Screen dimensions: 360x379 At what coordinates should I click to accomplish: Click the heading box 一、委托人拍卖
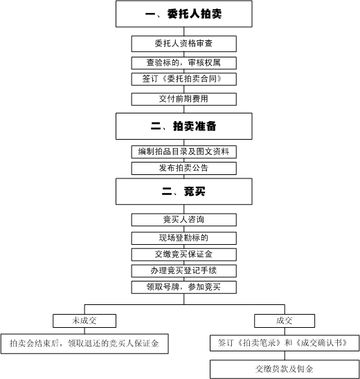click(x=184, y=14)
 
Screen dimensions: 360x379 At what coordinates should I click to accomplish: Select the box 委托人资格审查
click(x=184, y=44)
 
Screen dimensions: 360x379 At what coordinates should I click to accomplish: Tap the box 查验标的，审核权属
click(x=184, y=63)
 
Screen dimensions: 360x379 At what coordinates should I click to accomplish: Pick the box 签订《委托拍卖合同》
click(x=184, y=79)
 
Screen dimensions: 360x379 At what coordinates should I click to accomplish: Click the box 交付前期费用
click(x=184, y=99)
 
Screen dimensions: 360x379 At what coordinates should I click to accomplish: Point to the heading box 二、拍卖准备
click(x=184, y=126)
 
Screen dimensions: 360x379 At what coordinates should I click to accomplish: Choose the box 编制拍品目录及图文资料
click(x=184, y=151)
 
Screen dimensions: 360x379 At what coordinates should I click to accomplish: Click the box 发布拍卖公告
click(x=184, y=168)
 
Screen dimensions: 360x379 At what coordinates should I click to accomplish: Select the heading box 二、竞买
click(x=184, y=192)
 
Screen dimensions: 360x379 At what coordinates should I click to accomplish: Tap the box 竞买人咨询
click(x=184, y=220)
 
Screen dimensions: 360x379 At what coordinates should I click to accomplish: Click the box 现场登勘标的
click(x=184, y=239)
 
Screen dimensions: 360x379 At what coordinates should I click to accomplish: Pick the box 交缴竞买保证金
click(x=184, y=255)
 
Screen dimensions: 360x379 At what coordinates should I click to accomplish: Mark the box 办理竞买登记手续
click(x=184, y=270)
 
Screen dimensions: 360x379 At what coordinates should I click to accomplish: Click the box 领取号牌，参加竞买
click(x=184, y=287)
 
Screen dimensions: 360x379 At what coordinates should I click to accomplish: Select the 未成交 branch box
click(x=84, y=321)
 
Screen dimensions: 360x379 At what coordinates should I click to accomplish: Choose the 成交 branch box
click(x=285, y=321)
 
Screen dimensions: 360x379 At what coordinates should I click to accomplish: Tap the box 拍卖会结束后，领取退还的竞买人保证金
click(x=84, y=344)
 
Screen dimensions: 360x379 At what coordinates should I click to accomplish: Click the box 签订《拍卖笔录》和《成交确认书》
click(x=285, y=343)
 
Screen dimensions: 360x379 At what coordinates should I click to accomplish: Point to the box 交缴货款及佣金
click(x=285, y=369)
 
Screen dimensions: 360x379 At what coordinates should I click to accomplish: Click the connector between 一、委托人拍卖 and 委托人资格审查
click(x=184, y=31)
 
